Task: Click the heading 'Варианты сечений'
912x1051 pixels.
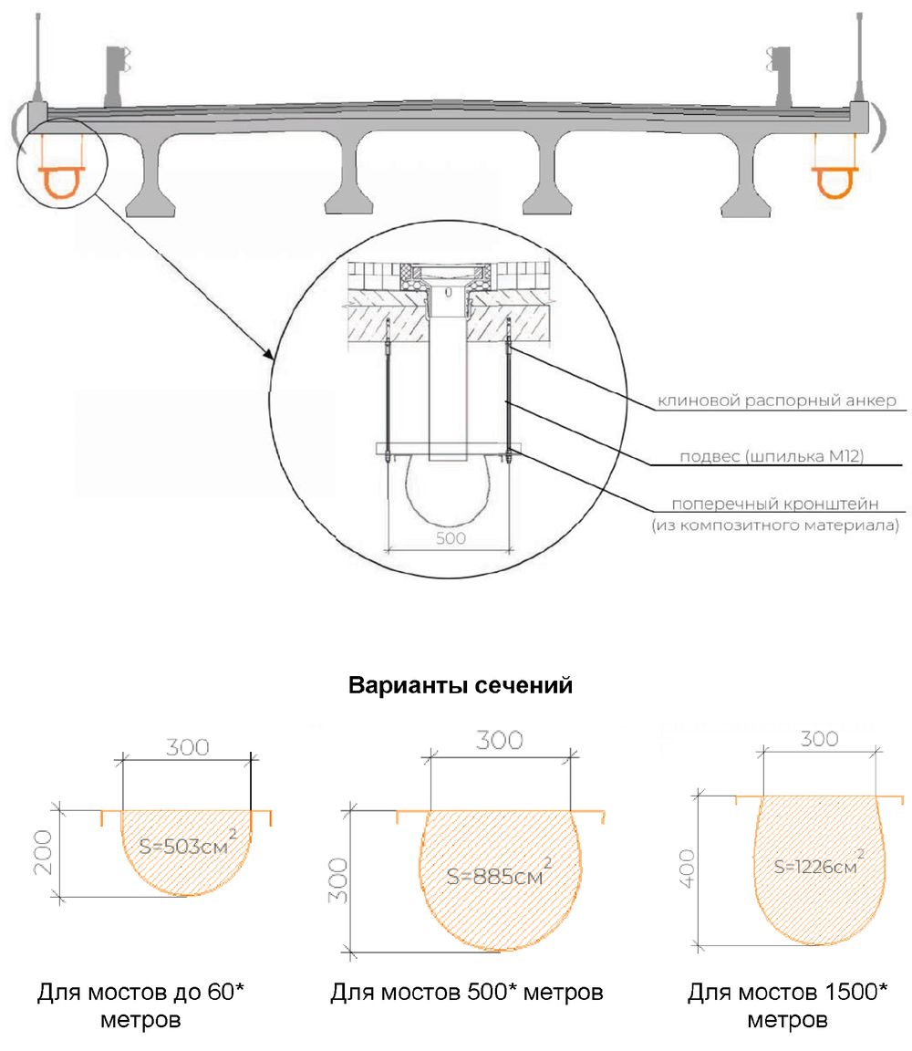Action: (461, 686)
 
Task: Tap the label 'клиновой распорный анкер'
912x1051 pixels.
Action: (777, 401)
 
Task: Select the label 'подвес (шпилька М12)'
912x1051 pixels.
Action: (772, 456)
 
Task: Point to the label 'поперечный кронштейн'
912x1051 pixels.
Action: (774, 504)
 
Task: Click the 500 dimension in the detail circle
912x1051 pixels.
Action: (451, 538)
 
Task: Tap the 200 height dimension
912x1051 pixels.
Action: (43, 852)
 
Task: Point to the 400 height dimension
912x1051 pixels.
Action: (688, 869)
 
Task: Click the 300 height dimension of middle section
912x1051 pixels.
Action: (337, 880)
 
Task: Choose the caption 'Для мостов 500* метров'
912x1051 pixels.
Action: (467, 992)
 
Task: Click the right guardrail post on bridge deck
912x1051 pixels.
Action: (780, 76)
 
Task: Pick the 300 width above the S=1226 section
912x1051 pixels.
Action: (820, 739)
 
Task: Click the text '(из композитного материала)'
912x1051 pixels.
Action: (775, 525)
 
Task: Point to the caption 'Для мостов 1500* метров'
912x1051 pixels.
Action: (787, 1005)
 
